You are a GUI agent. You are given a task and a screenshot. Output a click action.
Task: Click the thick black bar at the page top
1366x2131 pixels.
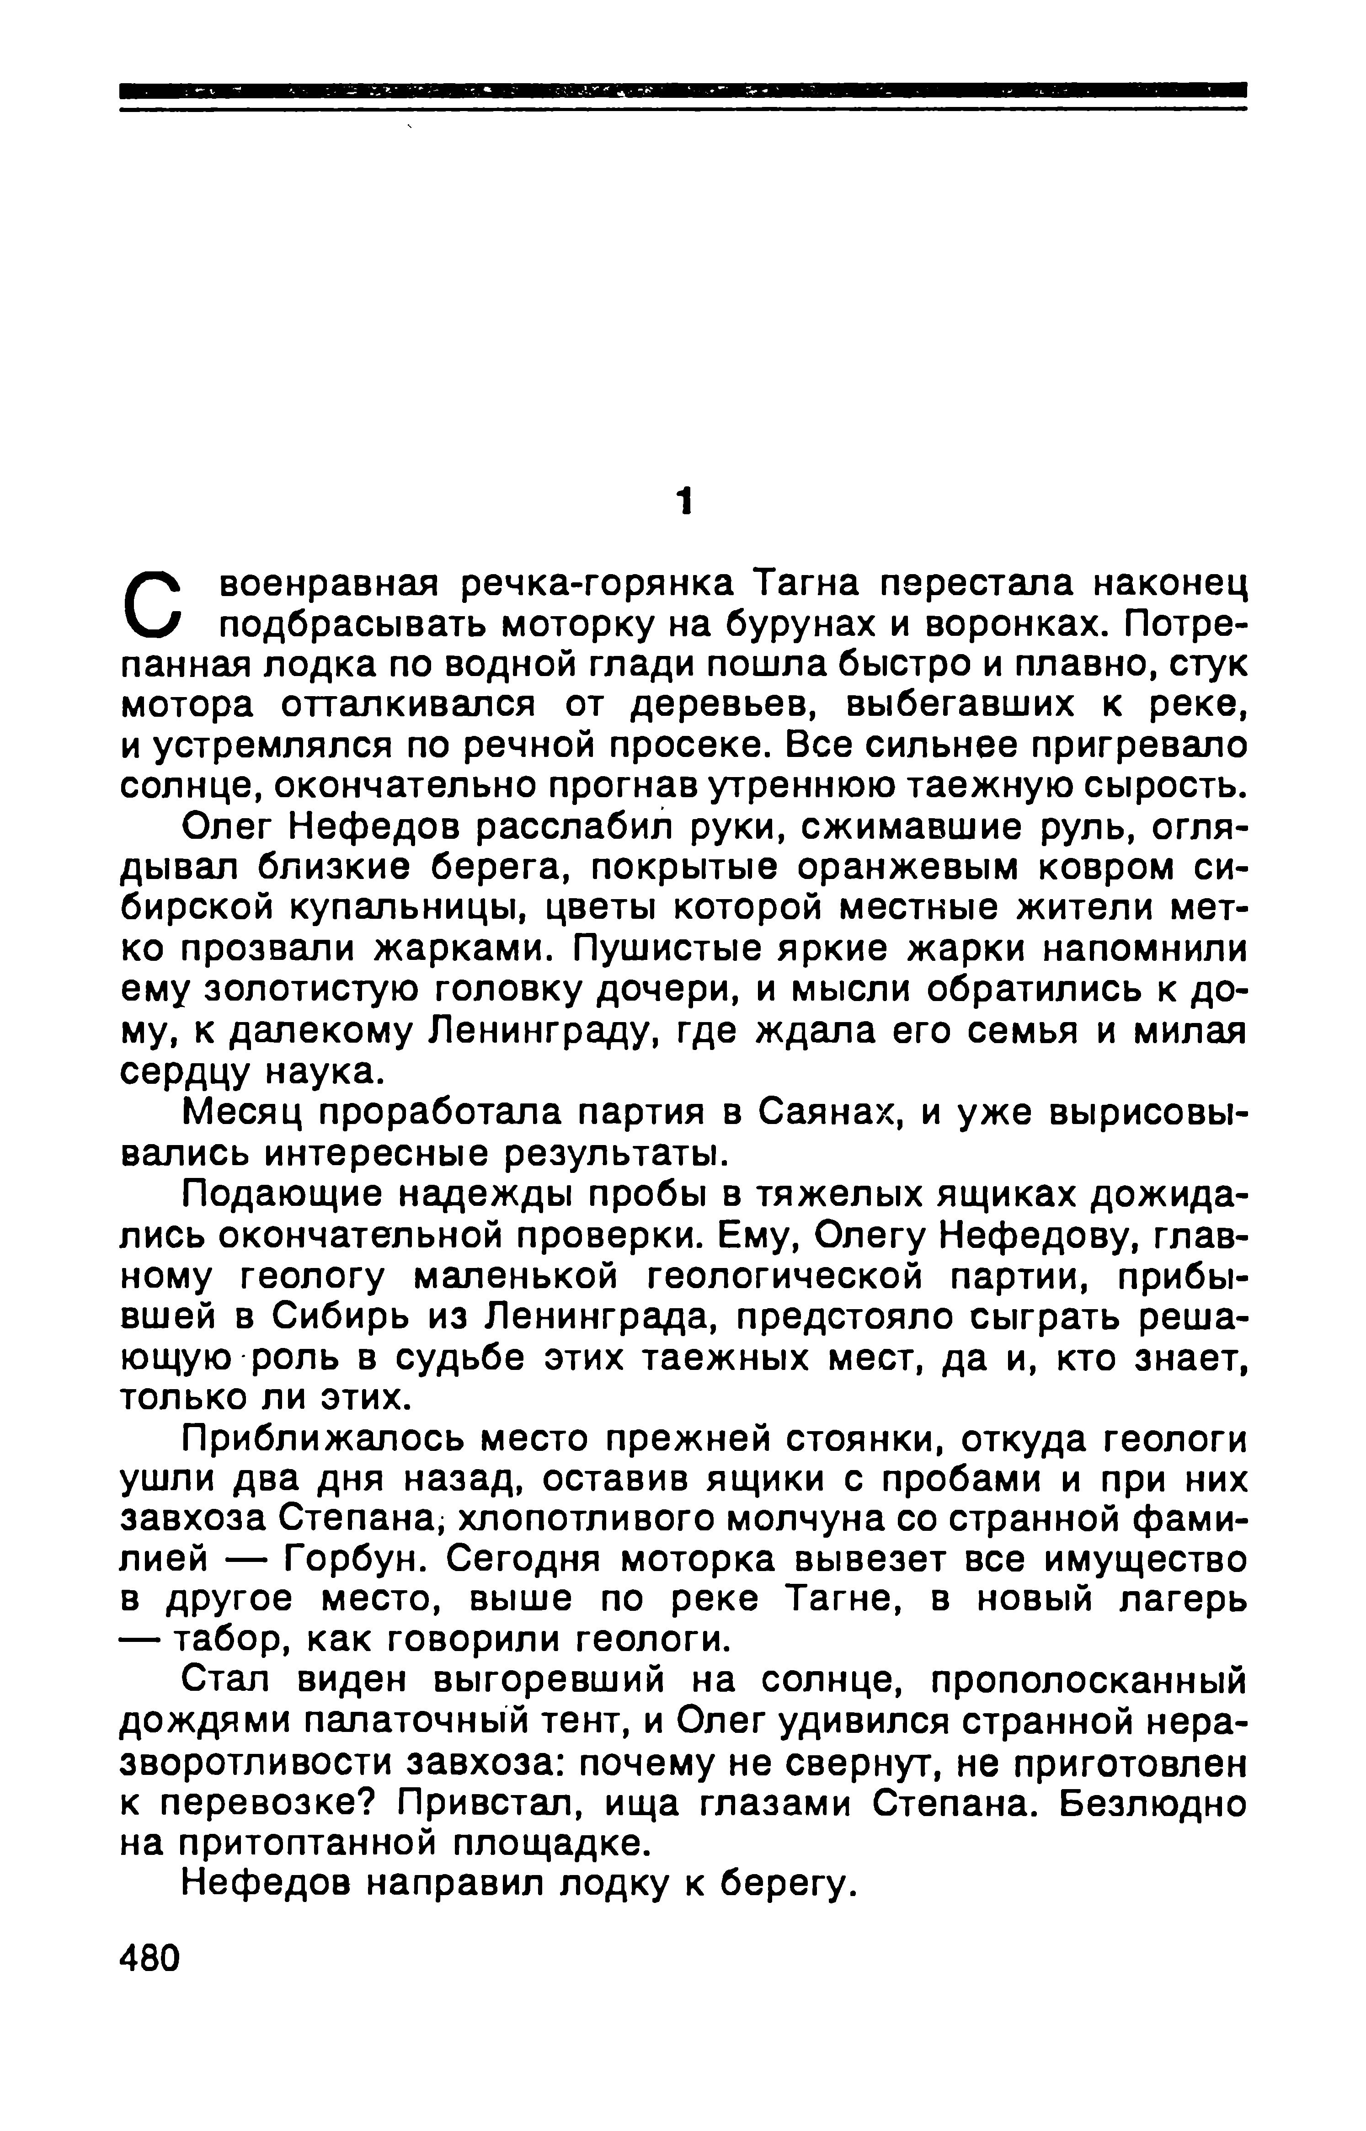[x=683, y=90]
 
